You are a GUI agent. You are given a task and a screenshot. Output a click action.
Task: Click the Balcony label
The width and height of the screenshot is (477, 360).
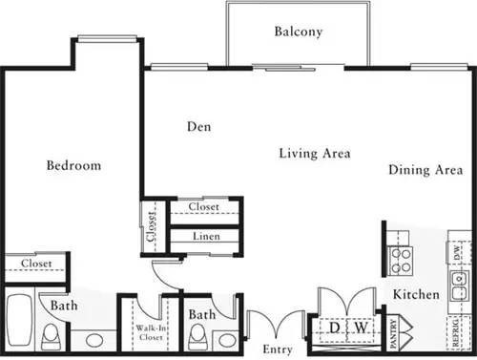pyautogui.click(x=299, y=32)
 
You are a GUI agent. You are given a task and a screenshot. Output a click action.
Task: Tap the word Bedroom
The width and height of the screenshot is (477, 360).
pyautogui.click(x=73, y=165)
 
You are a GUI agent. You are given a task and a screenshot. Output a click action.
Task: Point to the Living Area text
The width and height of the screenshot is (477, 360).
pyautogui.click(x=315, y=153)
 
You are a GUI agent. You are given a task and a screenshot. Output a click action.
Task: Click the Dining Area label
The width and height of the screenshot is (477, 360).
pyautogui.click(x=425, y=171)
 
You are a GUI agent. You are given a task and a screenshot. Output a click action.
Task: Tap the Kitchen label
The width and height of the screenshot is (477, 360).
pyautogui.click(x=415, y=295)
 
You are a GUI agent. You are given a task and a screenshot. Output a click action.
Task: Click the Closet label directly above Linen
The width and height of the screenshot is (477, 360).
pyautogui.click(x=204, y=207)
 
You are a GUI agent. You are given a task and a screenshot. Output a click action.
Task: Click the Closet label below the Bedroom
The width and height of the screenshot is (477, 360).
pyautogui.click(x=36, y=263)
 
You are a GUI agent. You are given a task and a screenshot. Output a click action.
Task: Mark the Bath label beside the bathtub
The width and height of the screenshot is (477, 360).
pyautogui.click(x=64, y=307)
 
